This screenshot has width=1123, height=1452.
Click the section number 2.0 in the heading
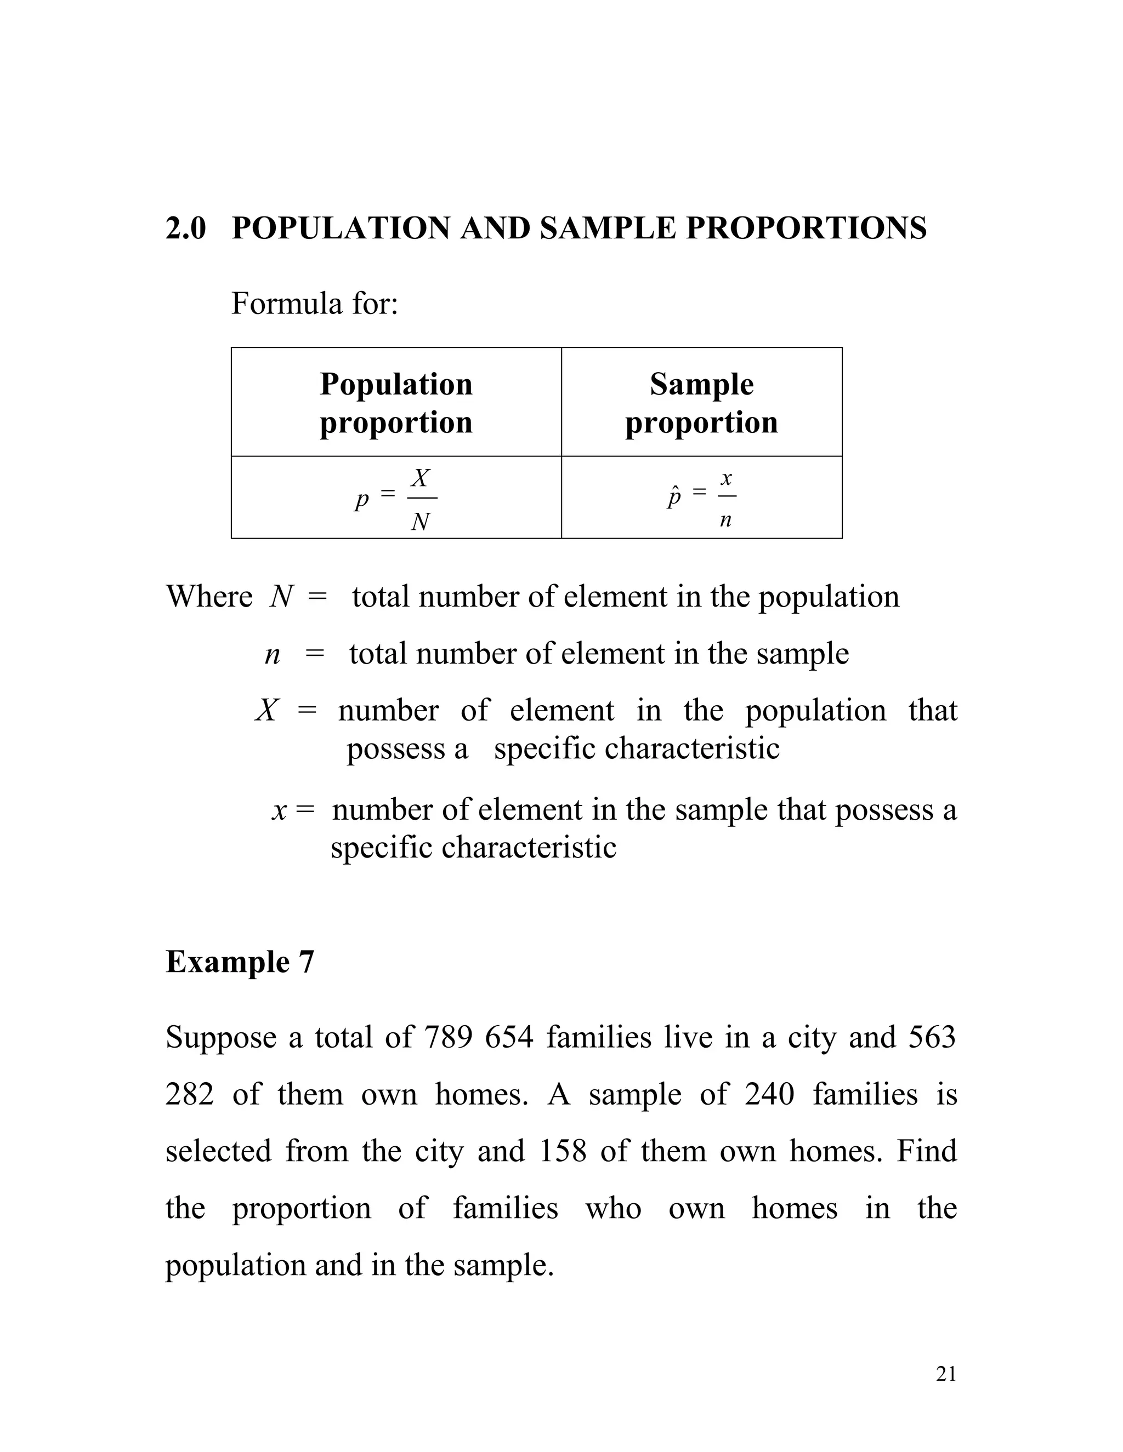(x=186, y=228)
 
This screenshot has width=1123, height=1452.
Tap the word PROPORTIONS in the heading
(x=806, y=228)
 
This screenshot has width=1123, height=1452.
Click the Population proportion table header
(x=396, y=403)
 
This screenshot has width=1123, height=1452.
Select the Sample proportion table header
(x=701, y=403)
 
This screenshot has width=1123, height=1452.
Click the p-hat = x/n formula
(x=701, y=498)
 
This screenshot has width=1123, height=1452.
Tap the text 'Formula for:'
(x=314, y=304)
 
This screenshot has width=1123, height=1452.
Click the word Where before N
(x=209, y=596)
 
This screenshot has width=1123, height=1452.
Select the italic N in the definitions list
(x=281, y=596)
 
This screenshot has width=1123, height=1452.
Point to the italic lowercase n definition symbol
(x=272, y=654)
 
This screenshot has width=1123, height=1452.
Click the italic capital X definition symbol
(x=266, y=711)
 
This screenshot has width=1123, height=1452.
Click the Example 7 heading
(x=240, y=962)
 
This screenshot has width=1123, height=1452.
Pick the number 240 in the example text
(x=770, y=1094)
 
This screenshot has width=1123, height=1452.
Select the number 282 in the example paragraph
(x=190, y=1094)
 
